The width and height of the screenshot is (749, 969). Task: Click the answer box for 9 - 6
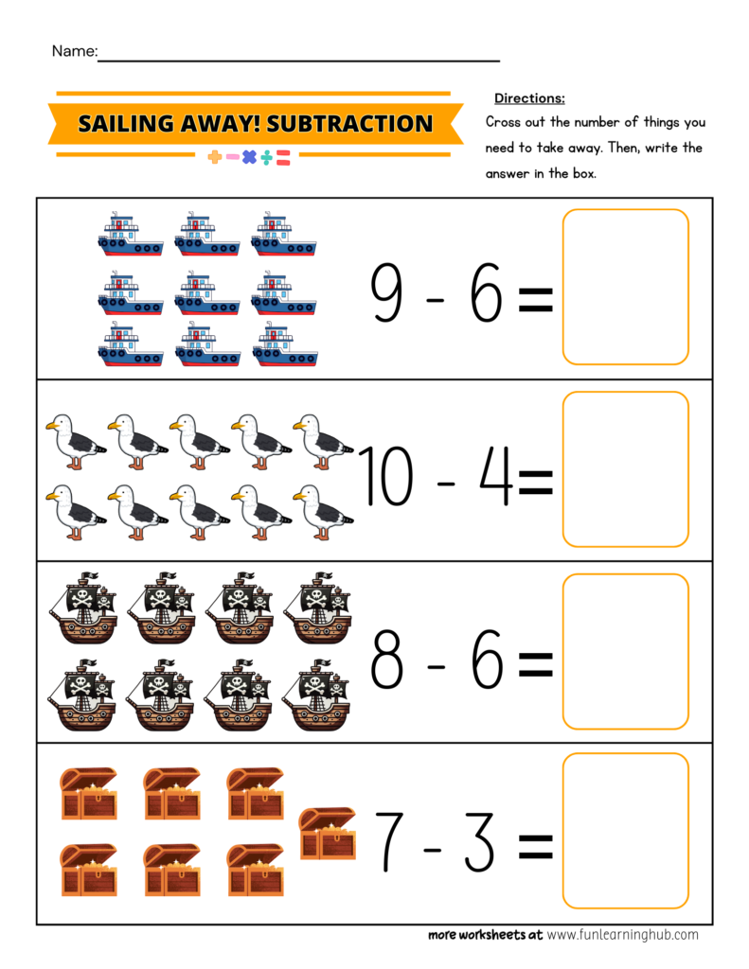pyautogui.click(x=625, y=287)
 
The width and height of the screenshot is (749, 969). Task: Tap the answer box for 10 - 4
pyautogui.click(x=625, y=469)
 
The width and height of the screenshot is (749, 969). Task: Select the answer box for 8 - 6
pyautogui.click(x=625, y=651)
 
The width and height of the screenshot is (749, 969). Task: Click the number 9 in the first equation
pyautogui.click(x=387, y=293)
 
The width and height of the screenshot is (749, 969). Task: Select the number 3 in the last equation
pyautogui.click(x=479, y=842)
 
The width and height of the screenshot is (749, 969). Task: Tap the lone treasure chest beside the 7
pyautogui.click(x=327, y=833)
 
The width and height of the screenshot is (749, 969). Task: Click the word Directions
pyautogui.click(x=529, y=98)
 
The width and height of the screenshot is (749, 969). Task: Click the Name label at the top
pyautogui.click(x=74, y=51)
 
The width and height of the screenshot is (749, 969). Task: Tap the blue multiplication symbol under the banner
pyautogui.click(x=249, y=157)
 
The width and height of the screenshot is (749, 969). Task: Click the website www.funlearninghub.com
pyautogui.click(x=622, y=934)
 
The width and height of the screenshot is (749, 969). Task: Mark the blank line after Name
pyautogui.click(x=298, y=60)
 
